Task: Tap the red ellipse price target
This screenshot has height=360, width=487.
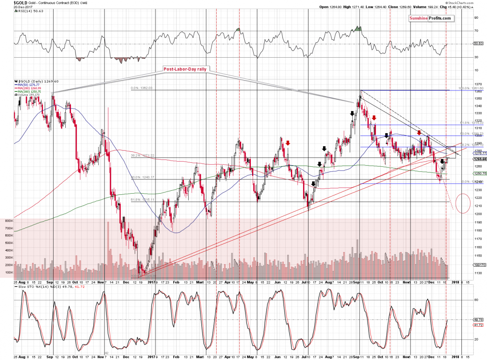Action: point(463,203)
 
